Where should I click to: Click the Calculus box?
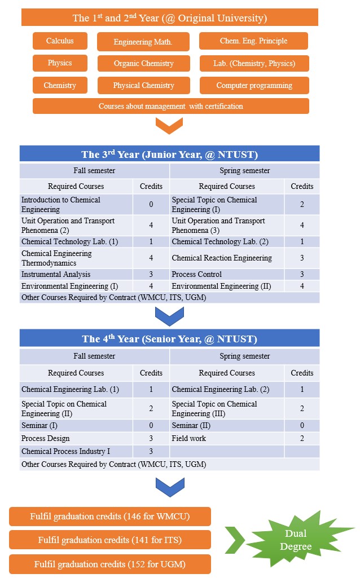[60, 41]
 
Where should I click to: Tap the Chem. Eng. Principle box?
[253, 41]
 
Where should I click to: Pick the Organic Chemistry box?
[143, 63]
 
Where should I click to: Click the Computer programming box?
[254, 86]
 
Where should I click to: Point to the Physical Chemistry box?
[143, 86]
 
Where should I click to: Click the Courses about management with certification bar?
[170, 106]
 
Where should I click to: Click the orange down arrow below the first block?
[169, 125]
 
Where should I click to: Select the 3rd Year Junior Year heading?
[169, 155]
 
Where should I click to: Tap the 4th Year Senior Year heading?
[169, 338]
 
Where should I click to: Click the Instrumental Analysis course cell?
[76, 275]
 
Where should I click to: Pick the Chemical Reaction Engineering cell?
[226, 258]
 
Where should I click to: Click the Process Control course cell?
[226, 275]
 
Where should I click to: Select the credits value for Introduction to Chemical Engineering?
[151, 204]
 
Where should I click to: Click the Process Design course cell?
[76, 438]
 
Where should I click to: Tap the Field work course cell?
[226, 438]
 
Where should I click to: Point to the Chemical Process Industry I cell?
[76, 451]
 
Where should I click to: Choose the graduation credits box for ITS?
[110, 540]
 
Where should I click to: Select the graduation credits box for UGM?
[110, 564]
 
